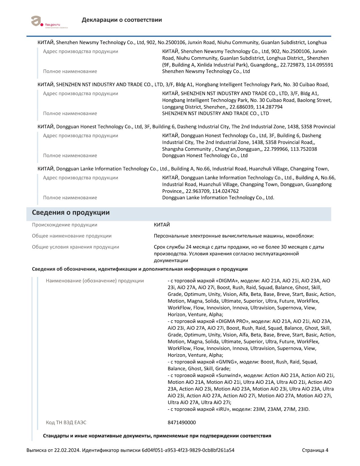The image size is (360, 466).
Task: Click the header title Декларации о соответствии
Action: click(x=122, y=20)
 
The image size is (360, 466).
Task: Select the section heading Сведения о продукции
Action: click(x=71, y=212)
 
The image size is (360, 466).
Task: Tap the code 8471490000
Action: click(x=182, y=423)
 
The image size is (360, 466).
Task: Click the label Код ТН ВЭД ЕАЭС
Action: click(x=66, y=423)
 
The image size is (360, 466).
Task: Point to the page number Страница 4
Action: click(x=315, y=450)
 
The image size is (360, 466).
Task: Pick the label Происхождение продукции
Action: click(x=64, y=225)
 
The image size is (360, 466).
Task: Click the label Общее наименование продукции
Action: click(x=72, y=236)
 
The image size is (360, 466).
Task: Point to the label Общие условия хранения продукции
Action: click(x=75, y=247)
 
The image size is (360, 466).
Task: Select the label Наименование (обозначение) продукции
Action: click(x=95, y=281)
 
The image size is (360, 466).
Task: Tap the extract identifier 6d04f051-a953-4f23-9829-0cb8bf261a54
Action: click(x=188, y=450)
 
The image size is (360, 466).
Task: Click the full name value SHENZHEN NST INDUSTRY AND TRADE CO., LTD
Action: click(x=215, y=114)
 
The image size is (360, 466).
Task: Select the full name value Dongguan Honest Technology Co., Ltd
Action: click(x=205, y=156)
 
